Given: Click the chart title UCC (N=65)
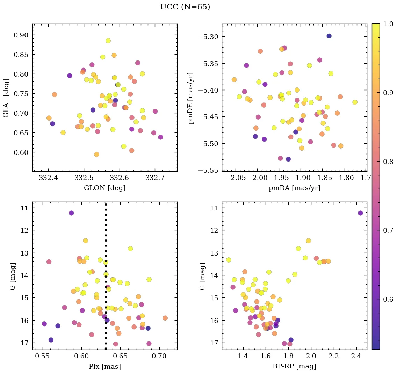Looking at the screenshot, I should (x=185, y=7).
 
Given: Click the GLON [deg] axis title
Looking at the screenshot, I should (x=104, y=188).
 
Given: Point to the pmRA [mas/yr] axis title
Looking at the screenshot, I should (x=294, y=188).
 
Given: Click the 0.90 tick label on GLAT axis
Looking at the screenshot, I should (x=21, y=35).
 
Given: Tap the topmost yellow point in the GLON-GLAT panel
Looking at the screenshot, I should (x=108, y=41).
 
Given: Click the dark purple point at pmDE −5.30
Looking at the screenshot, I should (x=329, y=36).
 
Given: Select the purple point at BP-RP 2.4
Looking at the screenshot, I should (x=360, y=213).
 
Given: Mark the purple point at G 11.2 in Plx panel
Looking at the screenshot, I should (x=71, y=213).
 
